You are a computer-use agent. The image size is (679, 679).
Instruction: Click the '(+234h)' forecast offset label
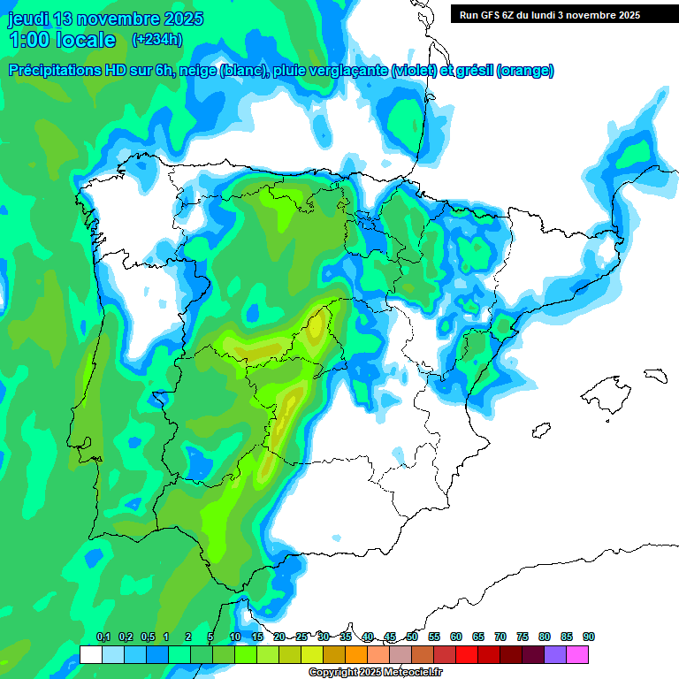156,39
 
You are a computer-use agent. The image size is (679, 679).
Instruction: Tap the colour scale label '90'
589,637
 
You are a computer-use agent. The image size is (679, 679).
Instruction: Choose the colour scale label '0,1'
103,637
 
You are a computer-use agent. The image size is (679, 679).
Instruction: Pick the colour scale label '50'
412,637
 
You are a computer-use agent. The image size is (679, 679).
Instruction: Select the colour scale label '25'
301,637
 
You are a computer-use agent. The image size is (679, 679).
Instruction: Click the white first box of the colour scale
90,654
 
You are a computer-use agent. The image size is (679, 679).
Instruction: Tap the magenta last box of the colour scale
577,654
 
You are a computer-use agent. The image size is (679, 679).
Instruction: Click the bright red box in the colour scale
467,654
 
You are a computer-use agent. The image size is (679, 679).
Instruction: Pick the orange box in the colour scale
356,654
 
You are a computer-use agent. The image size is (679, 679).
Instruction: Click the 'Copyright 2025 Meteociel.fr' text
377,673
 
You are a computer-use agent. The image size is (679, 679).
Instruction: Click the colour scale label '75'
523,637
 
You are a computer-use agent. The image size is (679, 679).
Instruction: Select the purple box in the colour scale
555,654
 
